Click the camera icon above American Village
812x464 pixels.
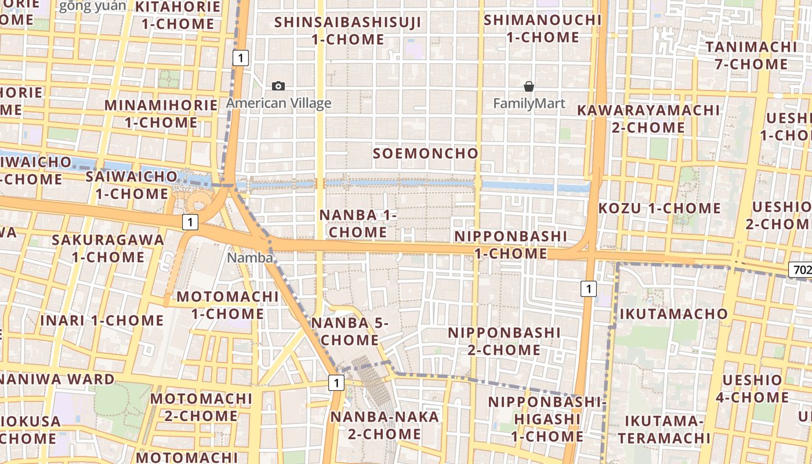point(278,86)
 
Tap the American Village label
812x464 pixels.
point(278,104)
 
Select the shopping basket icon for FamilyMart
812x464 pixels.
point(529,86)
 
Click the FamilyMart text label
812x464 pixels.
point(529,104)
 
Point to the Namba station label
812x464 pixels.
point(250,258)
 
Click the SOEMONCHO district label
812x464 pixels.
point(426,154)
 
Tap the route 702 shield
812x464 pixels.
point(801,270)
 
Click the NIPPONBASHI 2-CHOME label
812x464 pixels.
point(504,342)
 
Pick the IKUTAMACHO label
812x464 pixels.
point(673,314)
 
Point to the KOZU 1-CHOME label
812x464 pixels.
point(659,208)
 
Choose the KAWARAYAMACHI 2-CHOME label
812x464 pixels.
point(648,118)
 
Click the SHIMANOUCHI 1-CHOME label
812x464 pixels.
point(543,28)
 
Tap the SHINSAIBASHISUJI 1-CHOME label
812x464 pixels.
point(348,31)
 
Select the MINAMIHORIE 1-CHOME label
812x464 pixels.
point(161,114)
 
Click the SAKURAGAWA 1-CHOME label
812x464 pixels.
point(108,248)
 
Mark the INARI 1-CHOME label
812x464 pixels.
point(102,320)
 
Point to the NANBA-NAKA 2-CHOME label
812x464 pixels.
point(385,425)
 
